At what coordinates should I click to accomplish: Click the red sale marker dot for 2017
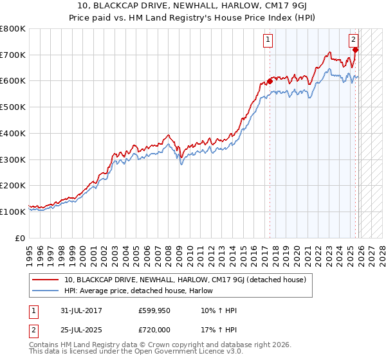[270, 81]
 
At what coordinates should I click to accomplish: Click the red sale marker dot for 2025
[355, 50]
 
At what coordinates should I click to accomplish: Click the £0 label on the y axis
[19, 238]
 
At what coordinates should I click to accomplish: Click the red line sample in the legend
[46, 280]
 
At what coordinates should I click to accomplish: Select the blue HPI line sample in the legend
[46, 291]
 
